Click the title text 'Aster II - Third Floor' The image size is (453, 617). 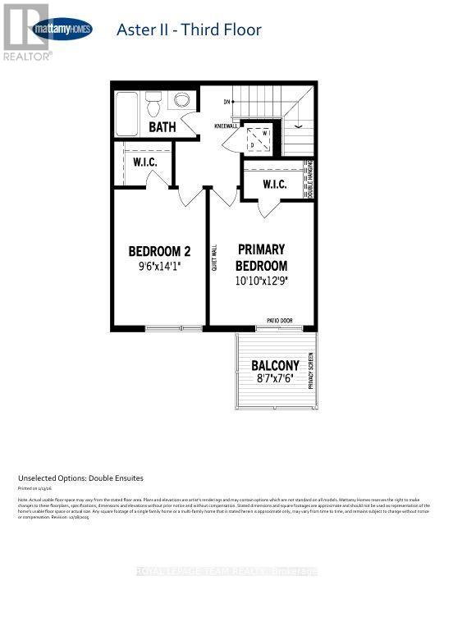coord(190,30)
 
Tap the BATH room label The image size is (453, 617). coord(162,127)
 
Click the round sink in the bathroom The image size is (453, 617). coord(182,101)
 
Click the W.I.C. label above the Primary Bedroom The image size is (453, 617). coord(274,185)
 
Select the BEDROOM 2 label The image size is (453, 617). coord(160,250)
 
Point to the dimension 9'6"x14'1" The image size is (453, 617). coord(160,266)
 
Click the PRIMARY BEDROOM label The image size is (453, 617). coord(261,257)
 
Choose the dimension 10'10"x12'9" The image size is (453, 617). coord(261,281)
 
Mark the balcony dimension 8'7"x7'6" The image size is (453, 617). coord(275,379)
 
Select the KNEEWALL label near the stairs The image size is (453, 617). coord(226,127)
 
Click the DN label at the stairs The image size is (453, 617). coord(226,102)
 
